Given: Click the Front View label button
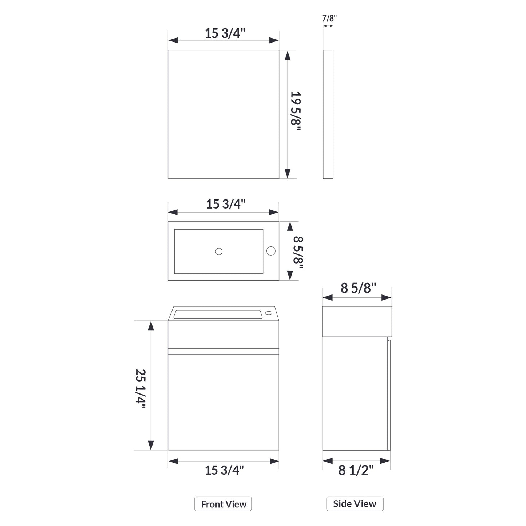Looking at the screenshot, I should click(223, 504).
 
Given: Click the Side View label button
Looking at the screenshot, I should click(355, 504).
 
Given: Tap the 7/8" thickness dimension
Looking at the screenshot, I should click(329, 19).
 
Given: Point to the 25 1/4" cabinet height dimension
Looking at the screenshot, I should click(141, 388).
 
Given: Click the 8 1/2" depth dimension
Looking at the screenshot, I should click(356, 470).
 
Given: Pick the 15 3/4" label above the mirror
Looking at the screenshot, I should click(225, 33).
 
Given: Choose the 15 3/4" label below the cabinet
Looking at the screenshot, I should click(224, 470).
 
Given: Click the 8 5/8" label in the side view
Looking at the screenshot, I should click(358, 288).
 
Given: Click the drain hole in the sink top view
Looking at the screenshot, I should click(219, 251).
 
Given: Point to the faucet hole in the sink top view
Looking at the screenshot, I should click(271, 251).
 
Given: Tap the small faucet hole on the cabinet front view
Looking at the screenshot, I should click(269, 313).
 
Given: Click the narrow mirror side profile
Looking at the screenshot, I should click(328, 114).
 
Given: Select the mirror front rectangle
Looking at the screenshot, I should click(223, 114).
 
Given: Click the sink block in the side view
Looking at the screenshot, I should click(357, 321).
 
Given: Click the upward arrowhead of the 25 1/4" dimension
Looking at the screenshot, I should click(151, 325).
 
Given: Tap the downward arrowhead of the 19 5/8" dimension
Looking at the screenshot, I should click(288, 173).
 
